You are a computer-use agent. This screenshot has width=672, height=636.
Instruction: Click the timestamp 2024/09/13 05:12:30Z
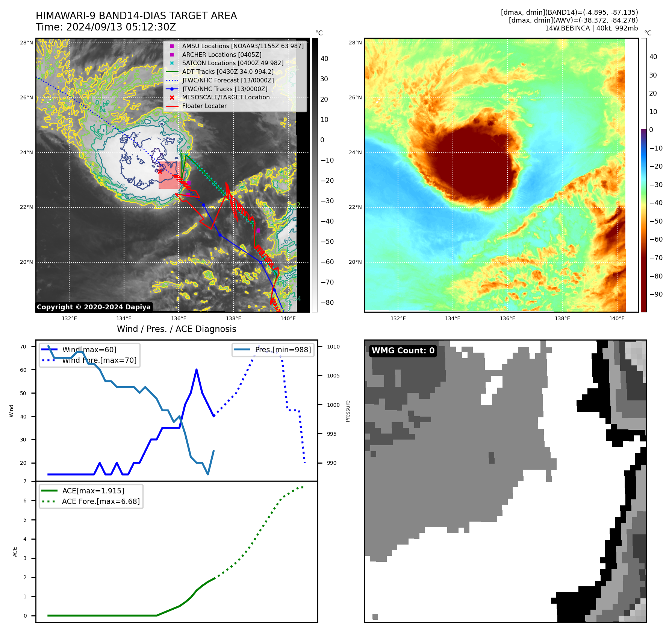(x=121, y=27)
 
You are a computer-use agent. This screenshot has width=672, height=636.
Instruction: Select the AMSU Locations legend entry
(x=242, y=46)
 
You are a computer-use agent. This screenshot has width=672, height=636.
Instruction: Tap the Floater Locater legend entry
(x=204, y=106)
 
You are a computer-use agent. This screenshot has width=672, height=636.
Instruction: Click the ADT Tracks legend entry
(x=227, y=72)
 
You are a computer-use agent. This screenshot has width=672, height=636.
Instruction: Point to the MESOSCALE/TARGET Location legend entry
(x=226, y=97)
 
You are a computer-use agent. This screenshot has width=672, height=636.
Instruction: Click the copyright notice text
(x=94, y=307)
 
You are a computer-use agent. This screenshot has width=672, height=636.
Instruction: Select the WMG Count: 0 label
(x=403, y=351)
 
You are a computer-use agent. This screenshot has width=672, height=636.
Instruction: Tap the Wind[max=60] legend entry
(x=89, y=350)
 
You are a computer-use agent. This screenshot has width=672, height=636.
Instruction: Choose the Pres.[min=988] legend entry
(x=283, y=350)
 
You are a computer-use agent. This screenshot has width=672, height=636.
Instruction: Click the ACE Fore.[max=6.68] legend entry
(x=101, y=501)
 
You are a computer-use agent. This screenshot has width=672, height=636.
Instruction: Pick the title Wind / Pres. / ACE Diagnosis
(x=176, y=329)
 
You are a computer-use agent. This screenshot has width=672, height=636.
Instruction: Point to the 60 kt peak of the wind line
(x=197, y=370)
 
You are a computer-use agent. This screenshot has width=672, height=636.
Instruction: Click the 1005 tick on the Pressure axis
(x=333, y=376)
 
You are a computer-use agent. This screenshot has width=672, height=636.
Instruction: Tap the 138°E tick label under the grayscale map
(x=233, y=318)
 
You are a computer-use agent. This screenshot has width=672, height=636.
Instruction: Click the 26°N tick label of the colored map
(x=355, y=97)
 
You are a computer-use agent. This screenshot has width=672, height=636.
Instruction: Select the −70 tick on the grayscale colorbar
(x=327, y=282)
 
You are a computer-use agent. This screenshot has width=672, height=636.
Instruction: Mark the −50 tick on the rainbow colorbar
(x=656, y=221)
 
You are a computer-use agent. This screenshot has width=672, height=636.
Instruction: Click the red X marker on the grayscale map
(x=160, y=171)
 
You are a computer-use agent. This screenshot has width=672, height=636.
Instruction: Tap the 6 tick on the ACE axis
(x=25, y=501)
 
